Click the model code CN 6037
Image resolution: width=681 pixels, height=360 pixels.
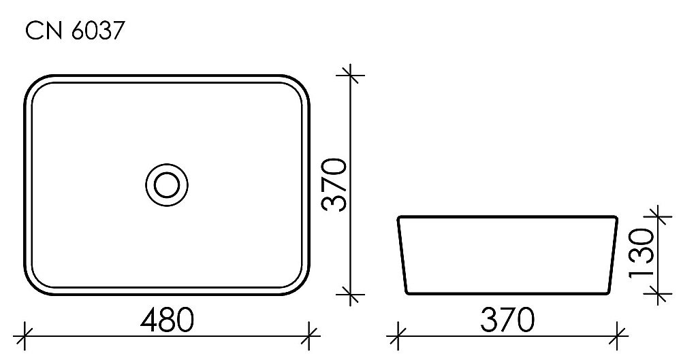click(74, 31)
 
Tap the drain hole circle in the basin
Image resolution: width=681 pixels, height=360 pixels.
click(166, 184)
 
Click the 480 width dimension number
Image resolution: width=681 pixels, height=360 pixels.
click(166, 320)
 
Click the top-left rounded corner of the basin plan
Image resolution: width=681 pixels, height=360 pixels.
click(34, 84)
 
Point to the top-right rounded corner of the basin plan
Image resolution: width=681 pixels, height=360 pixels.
click(300, 84)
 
